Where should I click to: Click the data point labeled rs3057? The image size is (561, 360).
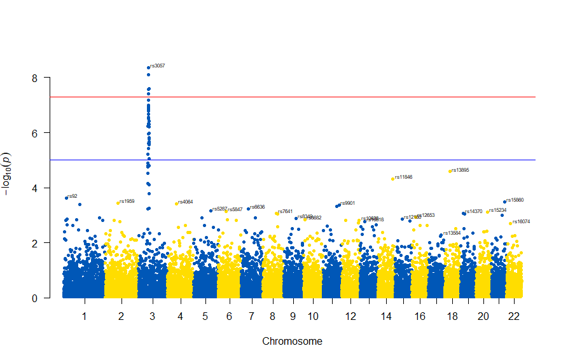[x=148, y=67]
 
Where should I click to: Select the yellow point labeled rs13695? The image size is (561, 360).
[x=450, y=171]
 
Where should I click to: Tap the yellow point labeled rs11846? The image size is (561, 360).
[x=392, y=179]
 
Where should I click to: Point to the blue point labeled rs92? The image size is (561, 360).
[x=66, y=198]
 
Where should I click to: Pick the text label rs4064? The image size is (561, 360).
[x=186, y=202]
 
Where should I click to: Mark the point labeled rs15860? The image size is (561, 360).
[x=504, y=202]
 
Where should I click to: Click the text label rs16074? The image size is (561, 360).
[x=522, y=221]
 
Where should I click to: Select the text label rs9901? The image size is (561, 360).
[x=347, y=203]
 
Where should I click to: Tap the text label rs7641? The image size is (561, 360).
[x=286, y=211]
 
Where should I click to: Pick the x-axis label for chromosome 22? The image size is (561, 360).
[x=515, y=316]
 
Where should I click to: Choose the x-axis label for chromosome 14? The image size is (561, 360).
[x=386, y=316]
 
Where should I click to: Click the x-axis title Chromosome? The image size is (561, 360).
[x=292, y=342]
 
